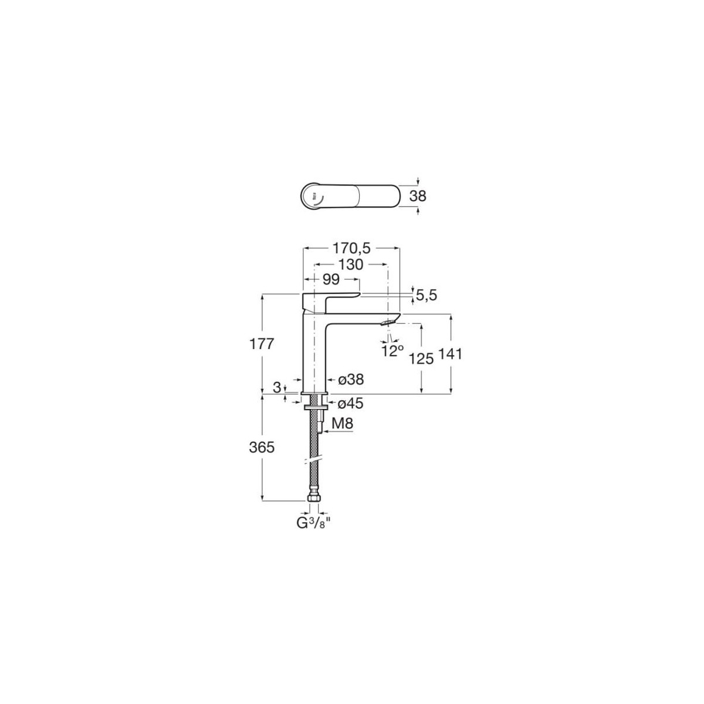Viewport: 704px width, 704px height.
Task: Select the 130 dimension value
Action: (350, 265)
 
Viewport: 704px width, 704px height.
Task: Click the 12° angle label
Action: (392, 351)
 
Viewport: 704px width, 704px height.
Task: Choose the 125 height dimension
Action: (421, 358)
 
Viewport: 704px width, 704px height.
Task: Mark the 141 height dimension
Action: (452, 354)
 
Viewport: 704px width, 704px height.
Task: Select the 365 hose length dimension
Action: (262, 448)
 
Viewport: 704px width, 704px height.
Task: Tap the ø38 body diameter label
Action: (351, 380)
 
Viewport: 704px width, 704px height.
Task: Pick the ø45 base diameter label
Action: (351, 403)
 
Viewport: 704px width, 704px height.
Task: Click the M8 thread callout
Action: (342, 423)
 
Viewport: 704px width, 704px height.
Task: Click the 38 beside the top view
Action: (418, 196)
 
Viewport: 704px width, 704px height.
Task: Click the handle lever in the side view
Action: (330, 296)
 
